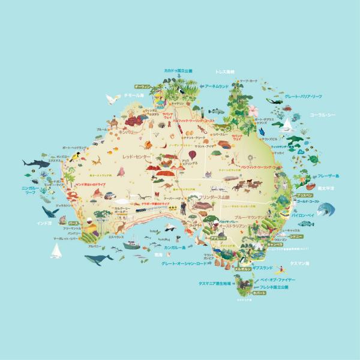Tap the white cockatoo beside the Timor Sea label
tap(111, 98)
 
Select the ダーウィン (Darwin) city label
tap(142, 86)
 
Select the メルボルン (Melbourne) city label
tap(242, 269)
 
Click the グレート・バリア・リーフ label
tap(303, 96)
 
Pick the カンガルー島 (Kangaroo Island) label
tap(177, 247)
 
